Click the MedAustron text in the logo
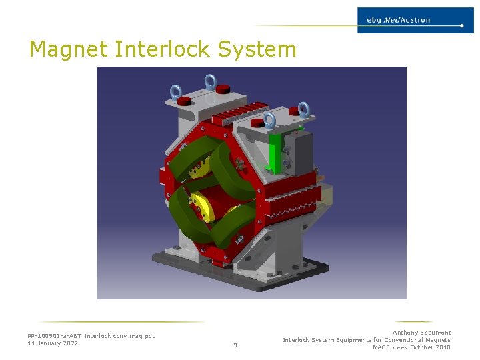pyautogui.click(x=408, y=20)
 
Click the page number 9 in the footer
pyautogui.click(x=235, y=345)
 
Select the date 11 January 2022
pyautogui.click(x=53, y=343)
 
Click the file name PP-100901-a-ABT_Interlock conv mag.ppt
pyautogui.click(x=91, y=336)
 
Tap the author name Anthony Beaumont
pyautogui.click(x=421, y=333)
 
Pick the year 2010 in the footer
pyautogui.click(x=442, y=347)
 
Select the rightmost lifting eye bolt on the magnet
pyautogui.click(x=303, y=109)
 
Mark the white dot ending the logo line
pyautogui.click(x=462, y=26)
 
